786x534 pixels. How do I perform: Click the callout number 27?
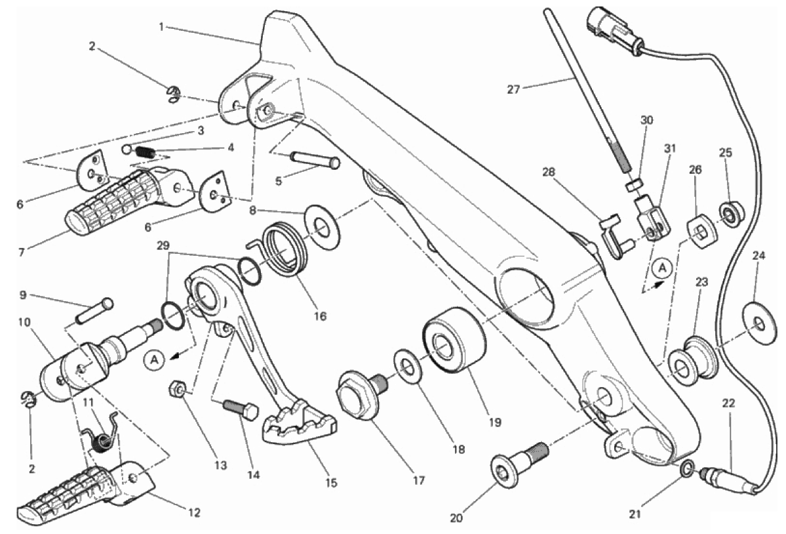(x=513, y=90)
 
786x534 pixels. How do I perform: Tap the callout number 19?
(x=495, y=422)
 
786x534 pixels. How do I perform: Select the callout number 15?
(x=331, y=483)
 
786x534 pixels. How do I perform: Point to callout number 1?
(x=161, y=27)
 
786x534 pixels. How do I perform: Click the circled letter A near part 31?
(x=663, y=268)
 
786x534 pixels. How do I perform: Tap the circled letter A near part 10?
(x=155, y=359)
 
